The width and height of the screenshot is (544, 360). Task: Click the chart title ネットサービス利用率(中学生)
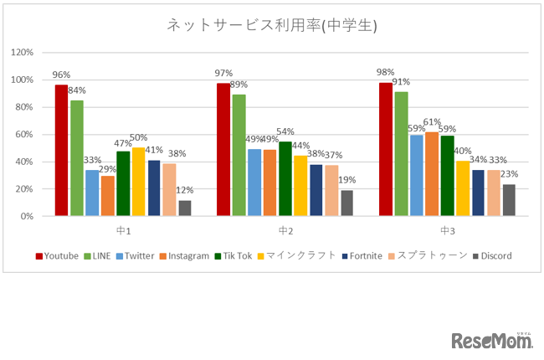tap(271, 25)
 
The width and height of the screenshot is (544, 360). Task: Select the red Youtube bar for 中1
tap(61, 151)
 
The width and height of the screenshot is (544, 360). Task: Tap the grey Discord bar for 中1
tap(185, 208)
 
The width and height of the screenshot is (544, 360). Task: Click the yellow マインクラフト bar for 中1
tap(139, 183)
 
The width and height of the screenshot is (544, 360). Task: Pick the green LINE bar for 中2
tap(239, 156)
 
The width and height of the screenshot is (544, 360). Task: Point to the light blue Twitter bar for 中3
tap(416, 176)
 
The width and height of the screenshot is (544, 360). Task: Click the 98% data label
tap(386, 73)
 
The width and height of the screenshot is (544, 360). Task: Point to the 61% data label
tap(432, 122)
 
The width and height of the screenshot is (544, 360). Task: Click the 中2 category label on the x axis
tap(285, 230)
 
